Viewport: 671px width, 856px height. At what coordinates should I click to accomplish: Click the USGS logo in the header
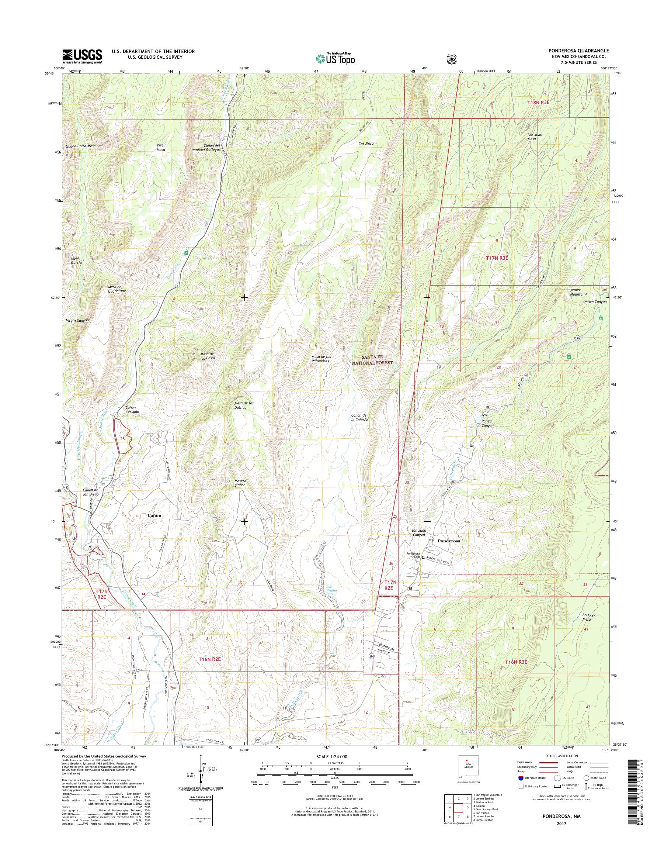82,56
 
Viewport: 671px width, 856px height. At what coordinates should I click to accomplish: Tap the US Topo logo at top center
335,58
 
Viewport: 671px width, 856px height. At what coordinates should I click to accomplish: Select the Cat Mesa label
366,144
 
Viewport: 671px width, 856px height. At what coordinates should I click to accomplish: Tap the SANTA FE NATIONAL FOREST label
372,360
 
